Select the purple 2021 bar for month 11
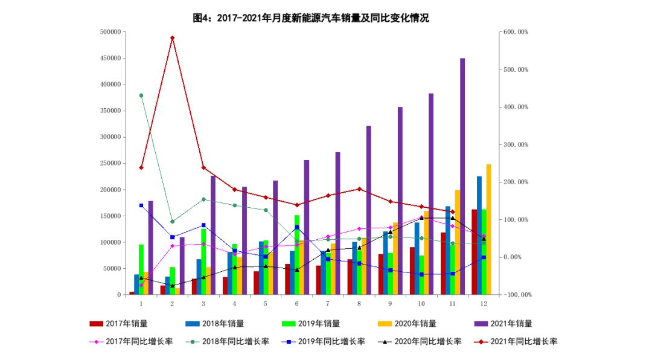[x=462, y=175]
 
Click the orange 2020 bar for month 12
[x=488, y=230]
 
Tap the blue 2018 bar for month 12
[x=479, y=236]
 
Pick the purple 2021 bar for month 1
[x=151, y=248]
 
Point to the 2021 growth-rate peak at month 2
[x=172, y=38]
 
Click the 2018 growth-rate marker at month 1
[x=141, y=95]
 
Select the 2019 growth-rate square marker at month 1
[x=141, y=205]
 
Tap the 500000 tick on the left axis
[x=111, y=32]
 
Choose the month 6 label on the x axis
[x=297, y=304]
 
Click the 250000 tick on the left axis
[x=111, y=163]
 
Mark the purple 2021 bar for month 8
[x=369, y=211]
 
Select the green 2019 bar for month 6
[x=297, y=254]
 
